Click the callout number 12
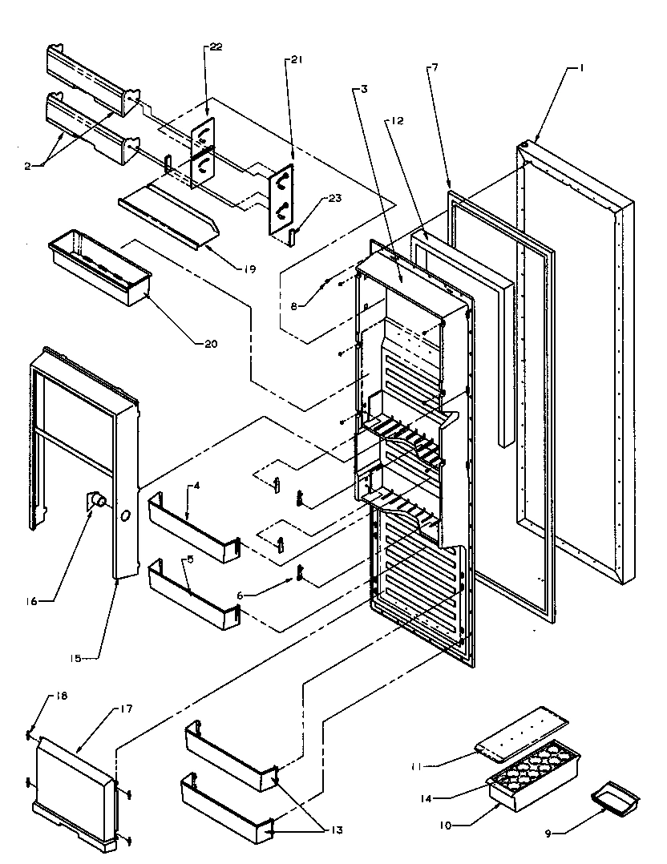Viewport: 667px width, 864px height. coord(398,121)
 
